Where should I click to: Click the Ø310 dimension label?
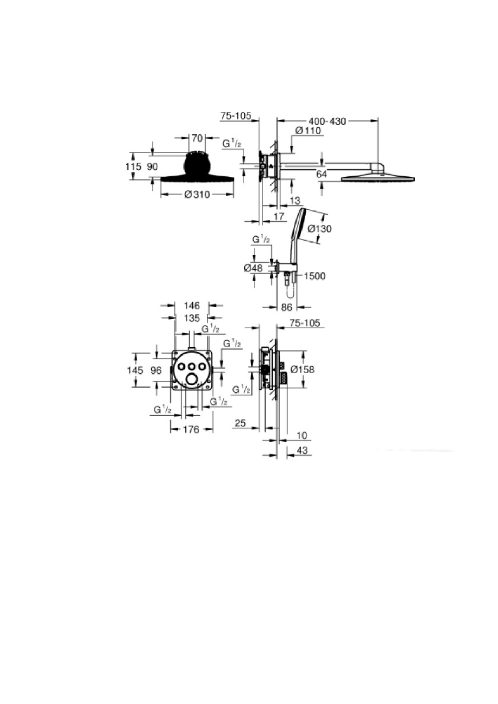click(197, 195)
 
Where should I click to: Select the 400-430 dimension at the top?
click(327, 121)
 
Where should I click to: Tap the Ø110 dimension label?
click(308, 131)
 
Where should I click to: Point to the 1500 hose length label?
click(315, 276)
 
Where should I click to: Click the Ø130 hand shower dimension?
click(319, 229)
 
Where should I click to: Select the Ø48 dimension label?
click(253, 268)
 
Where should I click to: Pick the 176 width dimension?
click(191, 429)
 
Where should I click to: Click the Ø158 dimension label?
click(302, 370)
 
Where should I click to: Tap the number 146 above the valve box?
click(192, 306)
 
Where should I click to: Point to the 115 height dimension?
click(133, 166)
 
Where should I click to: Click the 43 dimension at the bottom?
click(302, 450)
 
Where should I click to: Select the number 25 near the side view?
click(240, 423)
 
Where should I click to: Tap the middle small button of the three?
click(192, 366)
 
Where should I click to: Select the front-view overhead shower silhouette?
click(197, 169)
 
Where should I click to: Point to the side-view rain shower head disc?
click(378, 178)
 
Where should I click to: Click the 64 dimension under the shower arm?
click(322, 174)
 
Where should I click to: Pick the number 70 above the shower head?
click(197, 138)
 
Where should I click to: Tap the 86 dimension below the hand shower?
click(287, 307)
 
